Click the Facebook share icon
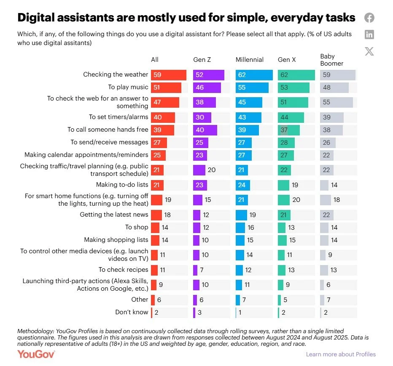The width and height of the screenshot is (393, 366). [x=369, y=18]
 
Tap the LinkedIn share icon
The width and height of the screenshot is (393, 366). [x=369, y=34]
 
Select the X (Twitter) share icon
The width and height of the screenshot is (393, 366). [x=369, y=51]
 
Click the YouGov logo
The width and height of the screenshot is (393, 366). [x=36, y=354]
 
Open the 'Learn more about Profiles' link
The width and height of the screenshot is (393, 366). [x=341, y=354]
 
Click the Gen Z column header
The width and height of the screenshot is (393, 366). [x=202, y=60]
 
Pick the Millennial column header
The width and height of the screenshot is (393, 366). [x=250, y=60]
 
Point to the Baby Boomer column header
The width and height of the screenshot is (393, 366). [x=331, y=60]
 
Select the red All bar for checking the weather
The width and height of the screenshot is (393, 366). [x=169, y=75]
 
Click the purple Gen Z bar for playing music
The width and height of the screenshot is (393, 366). [x=207, y=88]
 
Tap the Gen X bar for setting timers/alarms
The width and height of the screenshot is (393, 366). [x=291, y=117]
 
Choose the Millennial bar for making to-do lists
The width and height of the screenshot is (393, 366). [x=242, y=185]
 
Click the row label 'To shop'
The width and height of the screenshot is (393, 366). [x=137, y=227]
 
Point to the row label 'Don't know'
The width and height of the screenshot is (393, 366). [x=132, y=312]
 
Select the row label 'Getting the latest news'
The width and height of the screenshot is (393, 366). [x=114, y=215]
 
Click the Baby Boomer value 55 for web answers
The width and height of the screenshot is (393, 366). [x=326, y=102]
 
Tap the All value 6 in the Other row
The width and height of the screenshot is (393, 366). [x=159, y=300]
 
